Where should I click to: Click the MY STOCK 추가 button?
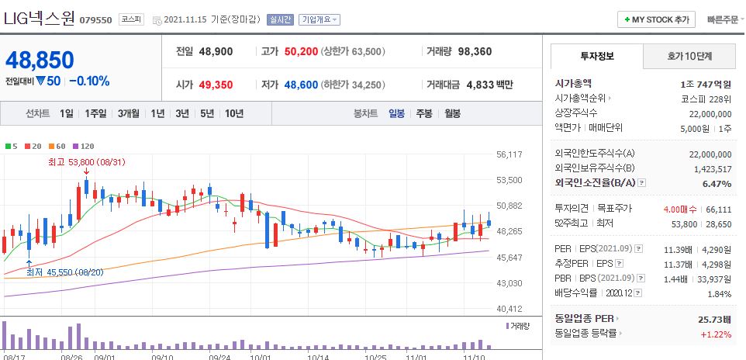pyautogui.click(x=656, y=19)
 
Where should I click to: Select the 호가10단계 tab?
pyautogui.click(x=689, y=57)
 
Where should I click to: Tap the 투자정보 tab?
pyautogui.click(x=596, y=57)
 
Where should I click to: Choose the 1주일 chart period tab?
pyautogui.click(x=95, y=113)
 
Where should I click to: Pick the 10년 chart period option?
pyautogui.click(x=233, y=113)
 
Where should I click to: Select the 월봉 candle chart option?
pyautogui.click(x=452, y=113)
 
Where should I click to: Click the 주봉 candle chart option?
pyautogui.click(x=424, y=113)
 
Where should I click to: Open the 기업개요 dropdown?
pyautogui.click(x=319, y=19)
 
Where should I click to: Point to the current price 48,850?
pyautogui.click(x=40, y=60)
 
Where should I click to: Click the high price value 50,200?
pyautogui.click(x=301, y=51)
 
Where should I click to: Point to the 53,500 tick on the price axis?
pyautogui.click(x=509, y=180)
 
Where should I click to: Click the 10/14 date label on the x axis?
pyautogui.click(x=319, y=358)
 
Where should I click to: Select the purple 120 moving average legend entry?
pyautogui.click(x=83, y=146)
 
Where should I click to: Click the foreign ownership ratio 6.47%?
pyautogui.click(x=716, y=184)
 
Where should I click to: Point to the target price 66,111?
pyautogui.click(x=718, y=209)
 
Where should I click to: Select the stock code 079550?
pyautogui.click(x=96, y=19)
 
